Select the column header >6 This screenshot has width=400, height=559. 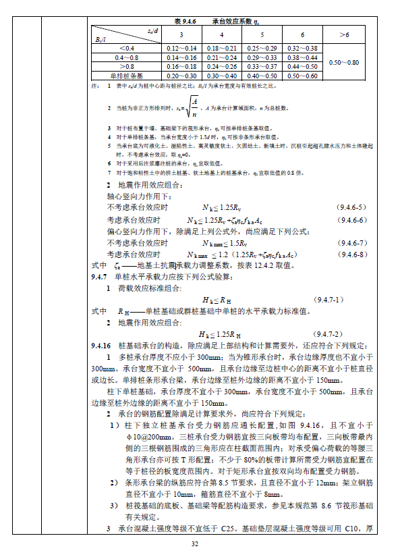click(x=344, y=34)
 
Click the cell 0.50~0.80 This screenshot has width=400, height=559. click(x=344, y=62)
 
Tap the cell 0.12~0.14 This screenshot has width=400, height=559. click(x=181, y=49)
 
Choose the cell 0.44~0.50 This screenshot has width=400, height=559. click(x=303, y=67)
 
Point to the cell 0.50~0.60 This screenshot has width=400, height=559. click(x=303, y=76)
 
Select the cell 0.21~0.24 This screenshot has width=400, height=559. click(x=222, y=58)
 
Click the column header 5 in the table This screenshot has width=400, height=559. click(x=262, y=34)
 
